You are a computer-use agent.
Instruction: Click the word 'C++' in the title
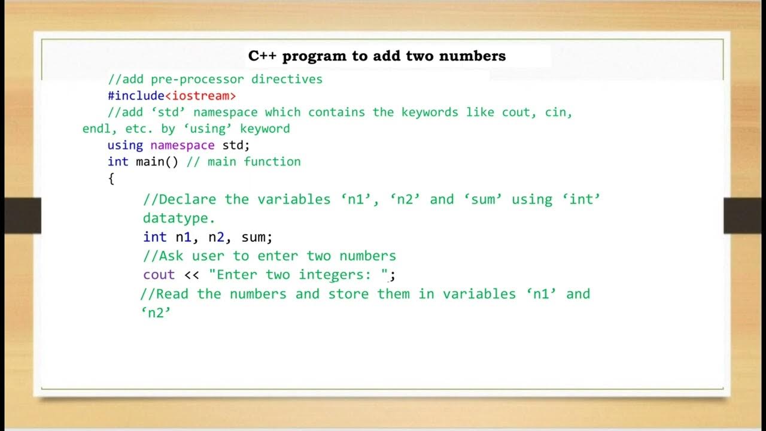[262, 56]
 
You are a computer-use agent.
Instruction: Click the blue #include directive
[136, 96]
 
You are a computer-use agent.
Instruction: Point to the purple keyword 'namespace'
[182, 145]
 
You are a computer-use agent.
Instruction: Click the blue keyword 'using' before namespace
[125, 145]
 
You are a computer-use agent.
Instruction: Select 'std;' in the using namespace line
[236, 145]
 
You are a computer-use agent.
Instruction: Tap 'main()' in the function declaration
[157, 162]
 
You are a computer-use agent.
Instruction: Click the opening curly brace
[111, 178]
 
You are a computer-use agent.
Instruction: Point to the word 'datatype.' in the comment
[178, 218]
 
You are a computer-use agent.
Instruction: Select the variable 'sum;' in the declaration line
[257, 237]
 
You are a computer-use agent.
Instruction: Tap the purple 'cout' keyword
[159, 275]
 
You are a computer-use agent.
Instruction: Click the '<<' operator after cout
[191, 275]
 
